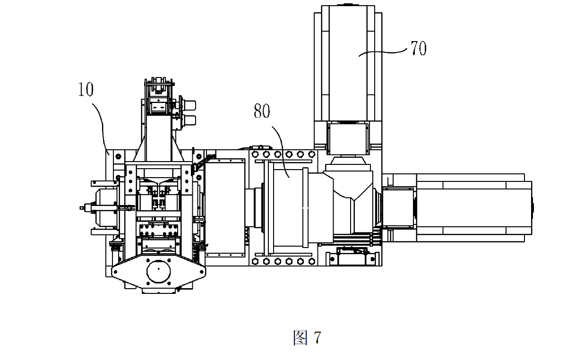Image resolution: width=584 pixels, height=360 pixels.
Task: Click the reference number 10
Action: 86,89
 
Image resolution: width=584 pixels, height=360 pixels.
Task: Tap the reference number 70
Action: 419,48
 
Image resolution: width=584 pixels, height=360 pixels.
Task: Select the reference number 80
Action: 262,111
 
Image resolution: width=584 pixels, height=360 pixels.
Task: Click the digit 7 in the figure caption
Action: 318,338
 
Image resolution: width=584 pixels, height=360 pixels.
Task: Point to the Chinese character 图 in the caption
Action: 301,338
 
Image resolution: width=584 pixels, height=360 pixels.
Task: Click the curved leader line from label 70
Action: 383,52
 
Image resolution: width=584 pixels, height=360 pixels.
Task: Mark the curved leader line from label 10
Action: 102,128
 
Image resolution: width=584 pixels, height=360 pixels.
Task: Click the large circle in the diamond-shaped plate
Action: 158,271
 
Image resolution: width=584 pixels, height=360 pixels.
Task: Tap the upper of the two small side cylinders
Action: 189,105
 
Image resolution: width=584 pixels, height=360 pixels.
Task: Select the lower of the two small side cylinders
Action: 189,120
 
